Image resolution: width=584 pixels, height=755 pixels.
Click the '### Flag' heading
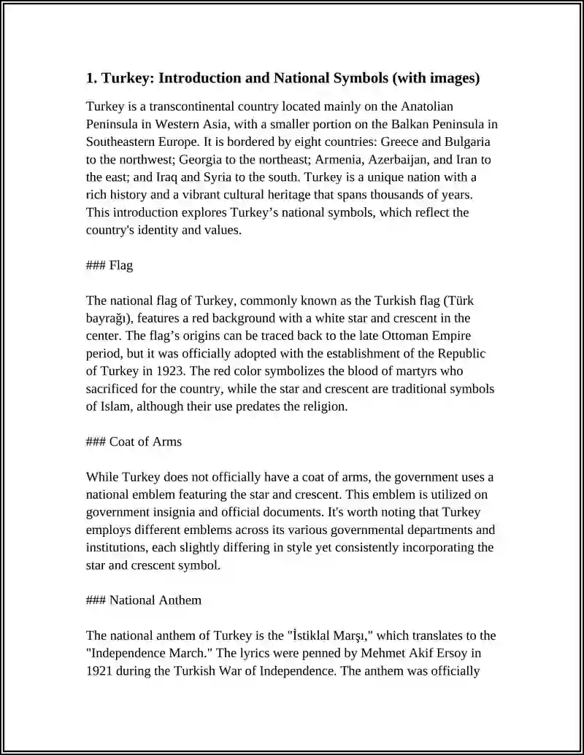[x=109, y=266]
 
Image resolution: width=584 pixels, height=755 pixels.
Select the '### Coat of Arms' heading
[x=134, y=441]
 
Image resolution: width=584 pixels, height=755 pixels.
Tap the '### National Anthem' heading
[x=144, y=600]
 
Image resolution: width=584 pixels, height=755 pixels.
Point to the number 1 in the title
[x=91, y=78]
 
